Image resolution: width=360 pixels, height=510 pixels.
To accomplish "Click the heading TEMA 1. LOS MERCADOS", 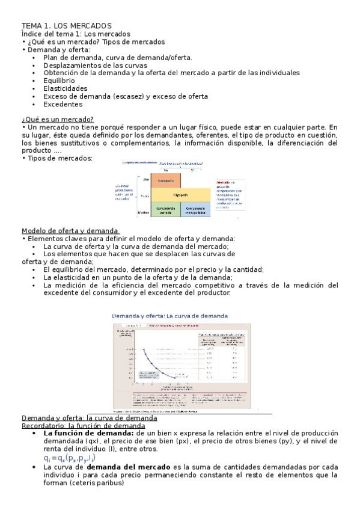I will tap(67, 26).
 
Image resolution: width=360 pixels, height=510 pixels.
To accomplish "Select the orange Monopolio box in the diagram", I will tap(166, 180).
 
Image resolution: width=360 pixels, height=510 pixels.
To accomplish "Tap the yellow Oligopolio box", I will tap(180, 195).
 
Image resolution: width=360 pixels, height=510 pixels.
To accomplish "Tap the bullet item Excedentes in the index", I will tap(63, 103).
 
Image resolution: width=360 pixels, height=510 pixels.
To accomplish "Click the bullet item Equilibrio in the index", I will tap(59, 80).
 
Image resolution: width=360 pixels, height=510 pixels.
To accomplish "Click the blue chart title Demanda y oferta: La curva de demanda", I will tap(170, 316).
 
